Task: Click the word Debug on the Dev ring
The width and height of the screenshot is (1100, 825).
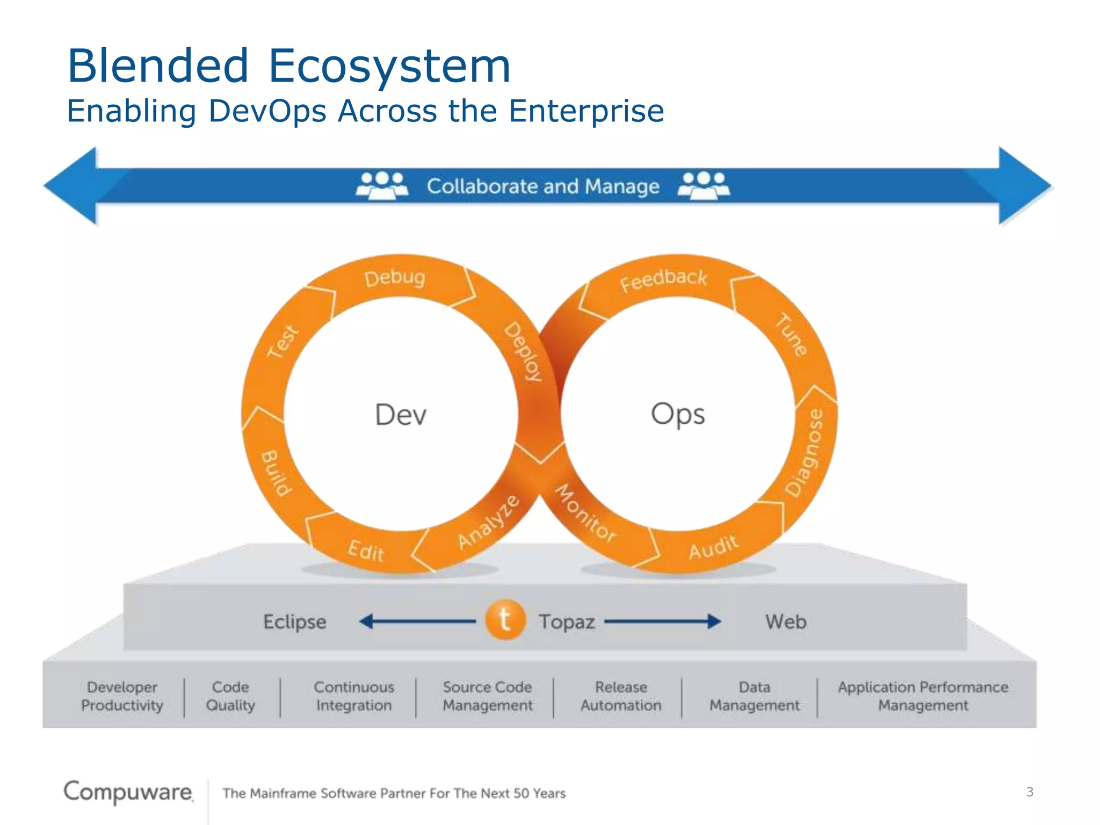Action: [x=395, y=278]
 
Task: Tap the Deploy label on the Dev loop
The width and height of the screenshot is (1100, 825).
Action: [x=523, y=352]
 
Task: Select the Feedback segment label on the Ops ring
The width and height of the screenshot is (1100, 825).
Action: [x=663, y=280]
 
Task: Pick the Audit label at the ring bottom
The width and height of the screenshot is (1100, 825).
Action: [x=714, y=547]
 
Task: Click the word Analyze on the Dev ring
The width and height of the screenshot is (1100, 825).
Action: [x=488, y=522]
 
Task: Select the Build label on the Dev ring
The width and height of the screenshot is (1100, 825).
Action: [x=276, y=473]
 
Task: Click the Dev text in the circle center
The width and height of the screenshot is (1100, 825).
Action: [x=401, y=415]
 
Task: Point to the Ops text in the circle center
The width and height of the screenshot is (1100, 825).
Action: [x=678, y=414]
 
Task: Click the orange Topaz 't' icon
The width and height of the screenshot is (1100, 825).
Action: [x=505, y=620]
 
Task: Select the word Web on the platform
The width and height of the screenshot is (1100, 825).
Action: [x=786, y=621]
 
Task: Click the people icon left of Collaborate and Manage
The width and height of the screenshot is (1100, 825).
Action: [x=382, y=185]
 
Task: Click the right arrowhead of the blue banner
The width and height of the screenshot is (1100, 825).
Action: [x=1023, y=186]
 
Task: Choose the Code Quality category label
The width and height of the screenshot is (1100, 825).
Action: [x=230, y=696]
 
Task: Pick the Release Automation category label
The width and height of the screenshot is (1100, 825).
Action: [x=621, y=696]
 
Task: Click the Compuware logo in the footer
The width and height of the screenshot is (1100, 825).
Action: [x=128, y=792]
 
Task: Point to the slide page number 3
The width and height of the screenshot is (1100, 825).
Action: [x=1030, y=792]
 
